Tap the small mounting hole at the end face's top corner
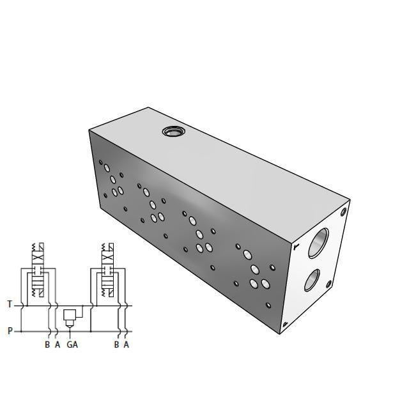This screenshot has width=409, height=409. pos(344,212)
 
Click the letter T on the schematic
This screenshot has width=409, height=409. pos(10,305)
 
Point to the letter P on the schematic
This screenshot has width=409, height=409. pos(10,331)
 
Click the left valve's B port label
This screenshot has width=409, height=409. pos(47,345)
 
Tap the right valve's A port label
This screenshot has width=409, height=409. pos(126,345)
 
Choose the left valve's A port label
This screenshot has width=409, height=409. pos(57,345)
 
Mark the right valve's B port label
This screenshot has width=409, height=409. pos(116,345)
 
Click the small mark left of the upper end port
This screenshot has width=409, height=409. pos(296,245)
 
